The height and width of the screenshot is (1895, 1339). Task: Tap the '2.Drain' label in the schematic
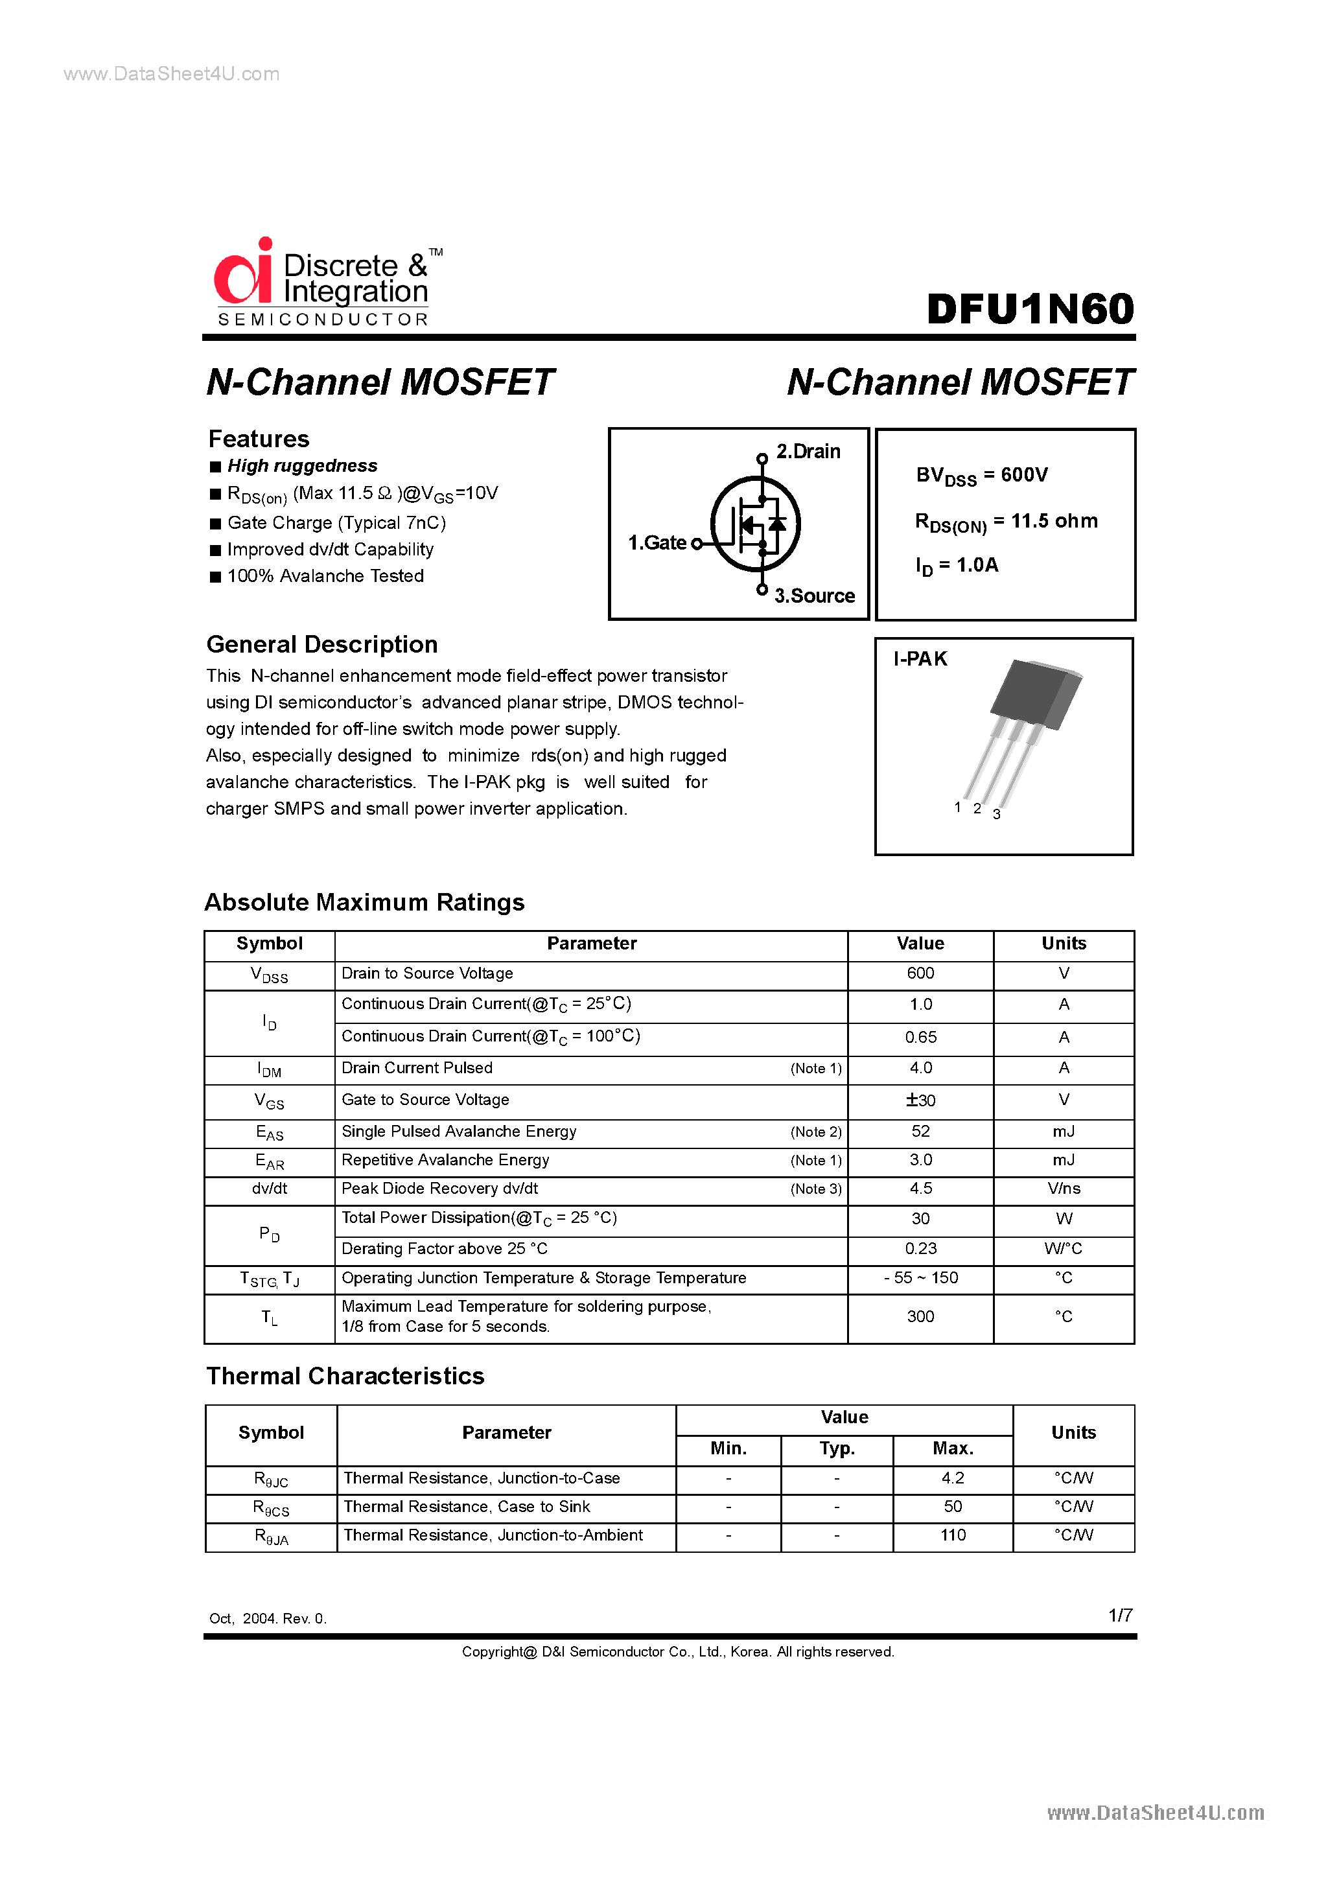[x=808, y=452]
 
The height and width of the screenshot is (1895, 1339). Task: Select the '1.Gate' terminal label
[x=657, y=542]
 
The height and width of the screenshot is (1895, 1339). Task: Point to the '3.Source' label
[x=814, y=596]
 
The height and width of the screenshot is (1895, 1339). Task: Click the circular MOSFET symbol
[x=755, y=524]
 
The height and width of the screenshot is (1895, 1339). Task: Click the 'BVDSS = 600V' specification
[x=981, y=476]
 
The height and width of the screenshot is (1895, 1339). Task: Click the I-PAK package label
[x=920, y=658]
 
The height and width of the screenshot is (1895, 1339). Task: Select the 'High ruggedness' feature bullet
[x=302, y=465]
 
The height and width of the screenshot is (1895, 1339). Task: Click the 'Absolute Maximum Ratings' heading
[x=364, y=902]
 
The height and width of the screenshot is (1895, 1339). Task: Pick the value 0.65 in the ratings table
[x=920, y=1037]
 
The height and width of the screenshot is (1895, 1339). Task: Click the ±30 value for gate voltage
[x=920, y=1100]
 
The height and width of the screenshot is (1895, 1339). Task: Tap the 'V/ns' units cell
[x=1064, y=1189]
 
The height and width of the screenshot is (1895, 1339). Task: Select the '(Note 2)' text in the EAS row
[x=815, y=1132]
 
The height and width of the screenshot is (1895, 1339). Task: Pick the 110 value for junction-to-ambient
[x=953, y=1535]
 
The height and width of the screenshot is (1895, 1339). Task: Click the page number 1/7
[x=1120, y=1615]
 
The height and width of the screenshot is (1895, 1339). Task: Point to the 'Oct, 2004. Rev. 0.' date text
[x=268, y=1618]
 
